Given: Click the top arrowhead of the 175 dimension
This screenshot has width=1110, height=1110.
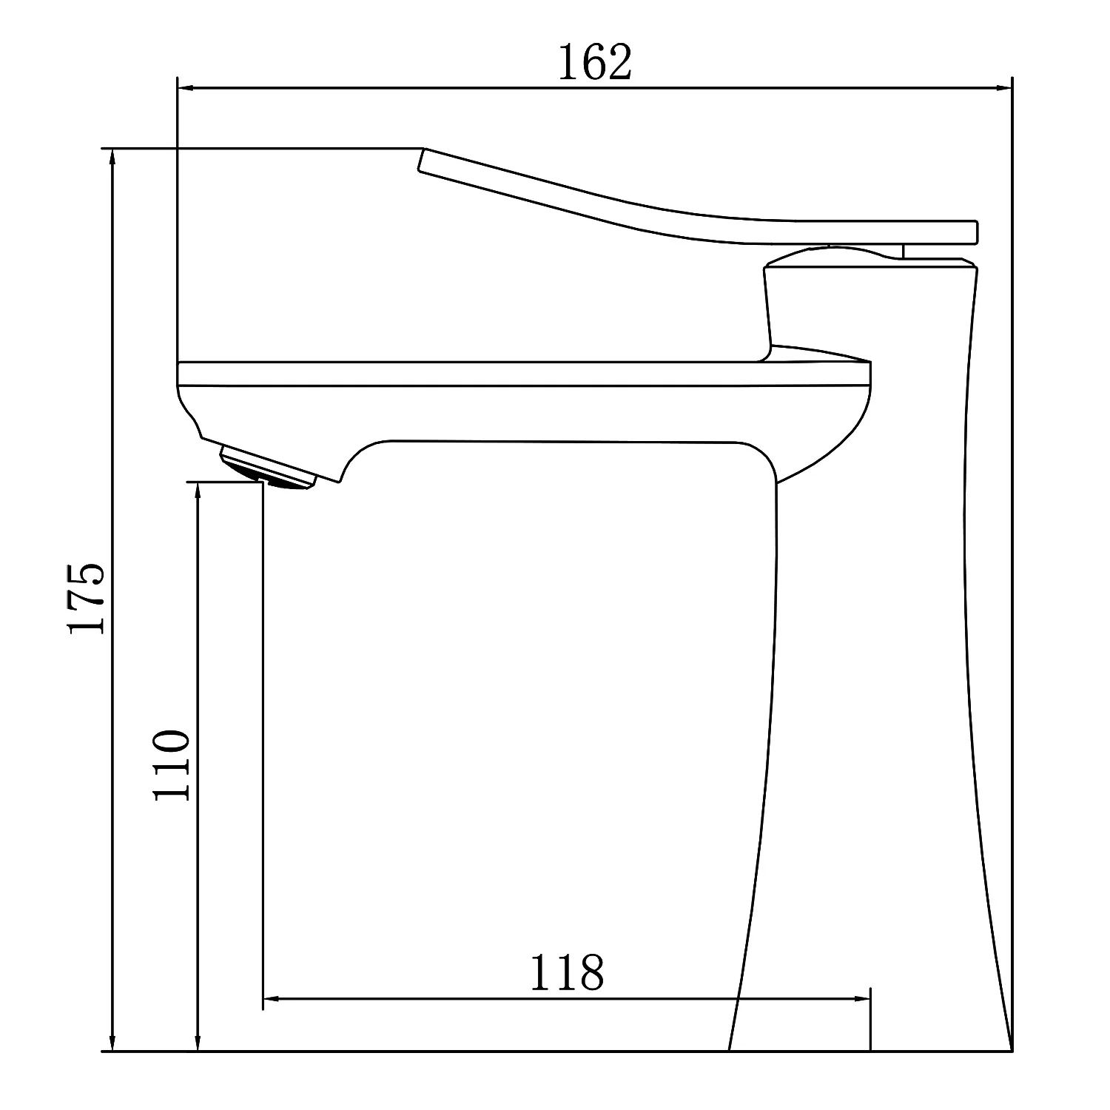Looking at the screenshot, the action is (x=112, y=158).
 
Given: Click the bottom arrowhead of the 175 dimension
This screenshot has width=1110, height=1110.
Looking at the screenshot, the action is (x=112, y=1041).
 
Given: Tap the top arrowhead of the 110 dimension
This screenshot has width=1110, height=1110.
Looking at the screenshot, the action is (x=198, y=491).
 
